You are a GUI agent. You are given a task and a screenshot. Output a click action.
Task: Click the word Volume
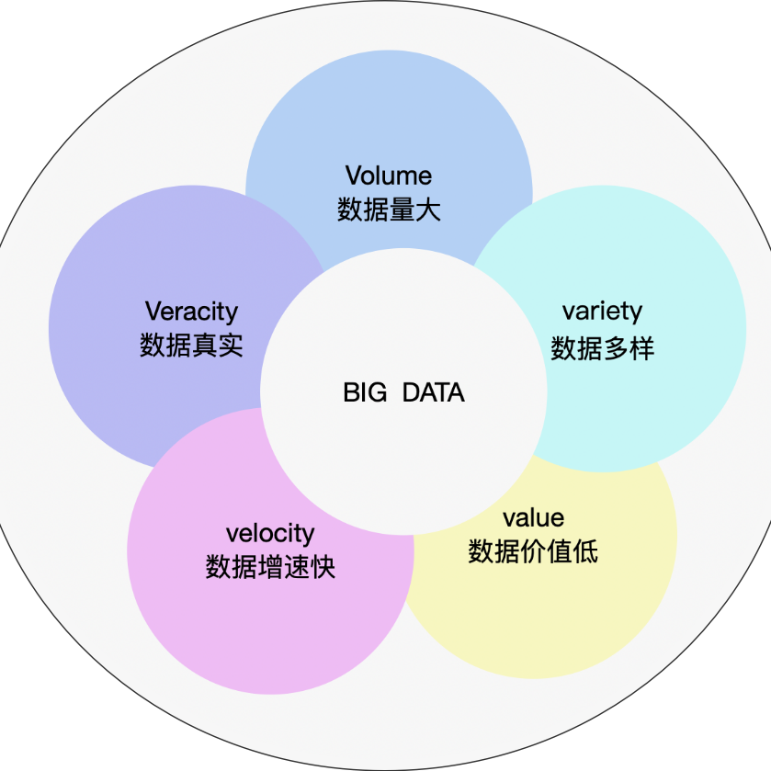[389, 176]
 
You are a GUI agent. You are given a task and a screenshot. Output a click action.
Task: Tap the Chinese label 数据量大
[389, 210]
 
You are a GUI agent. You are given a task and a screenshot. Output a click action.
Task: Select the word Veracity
[191, 312]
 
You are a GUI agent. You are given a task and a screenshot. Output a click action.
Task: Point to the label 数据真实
[191, 346]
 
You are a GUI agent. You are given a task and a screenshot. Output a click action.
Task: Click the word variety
[602, 312]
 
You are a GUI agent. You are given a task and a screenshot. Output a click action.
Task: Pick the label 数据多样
[602, 348]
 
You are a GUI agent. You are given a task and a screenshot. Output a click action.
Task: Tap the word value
[533, 516]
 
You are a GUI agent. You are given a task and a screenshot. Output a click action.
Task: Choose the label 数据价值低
[533, 551]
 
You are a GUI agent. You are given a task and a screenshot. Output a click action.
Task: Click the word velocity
[270, 534]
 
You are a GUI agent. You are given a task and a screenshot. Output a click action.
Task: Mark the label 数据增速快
[270, 567]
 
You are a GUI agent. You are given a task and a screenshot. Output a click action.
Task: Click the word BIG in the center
[366, 393]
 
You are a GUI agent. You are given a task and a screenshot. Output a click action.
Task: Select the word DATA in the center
[434, 393]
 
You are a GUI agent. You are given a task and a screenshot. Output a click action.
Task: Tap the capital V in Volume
[353, 176]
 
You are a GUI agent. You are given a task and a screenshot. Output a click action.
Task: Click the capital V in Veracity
[153, 312]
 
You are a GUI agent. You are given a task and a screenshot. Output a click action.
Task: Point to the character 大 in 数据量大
[428, 210]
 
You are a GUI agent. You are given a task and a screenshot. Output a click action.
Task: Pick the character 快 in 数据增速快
[323, 567]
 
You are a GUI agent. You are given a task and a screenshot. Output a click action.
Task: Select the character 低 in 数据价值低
[585, 551]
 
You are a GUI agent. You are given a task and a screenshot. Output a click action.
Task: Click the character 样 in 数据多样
[641, 348]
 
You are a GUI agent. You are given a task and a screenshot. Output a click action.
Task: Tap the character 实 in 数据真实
[230, 346]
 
